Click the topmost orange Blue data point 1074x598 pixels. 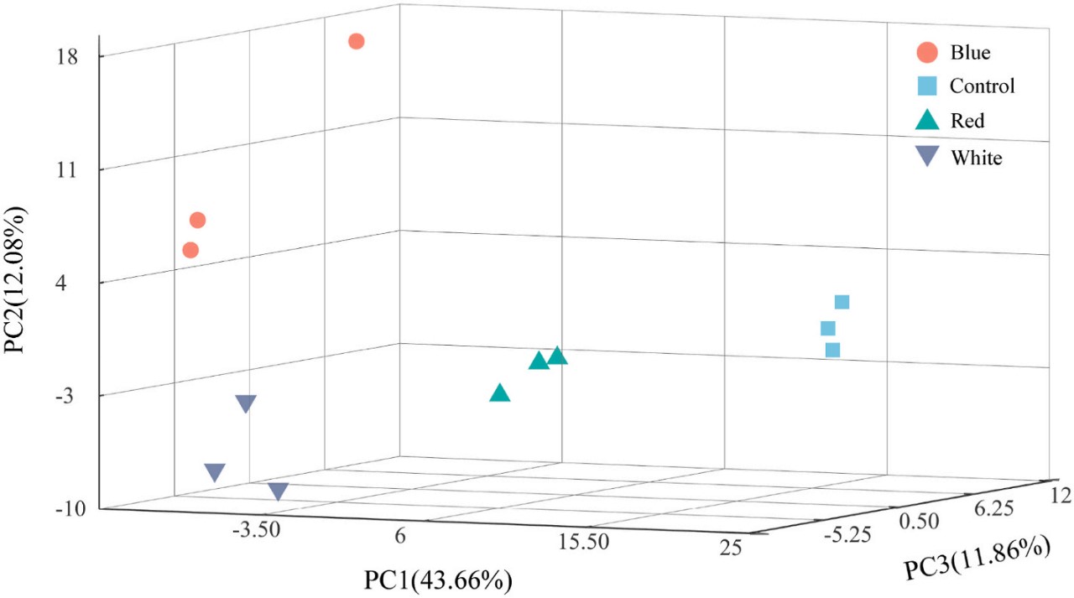[357, 41]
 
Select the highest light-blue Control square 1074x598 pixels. [842, 302]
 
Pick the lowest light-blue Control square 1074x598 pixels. [832, 350]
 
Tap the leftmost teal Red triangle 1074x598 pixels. [500, 393]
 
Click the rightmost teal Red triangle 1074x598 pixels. [557, 356]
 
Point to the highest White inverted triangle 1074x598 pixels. [245, 403]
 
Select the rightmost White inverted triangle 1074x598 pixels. [278, 491]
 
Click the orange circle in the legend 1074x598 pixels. [926, 52]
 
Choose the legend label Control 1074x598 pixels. [982, 86]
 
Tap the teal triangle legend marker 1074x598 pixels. [926, 120]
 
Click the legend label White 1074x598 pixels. [976, 157]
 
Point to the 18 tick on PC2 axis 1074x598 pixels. [67, 57]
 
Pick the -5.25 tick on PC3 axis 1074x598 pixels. [849, 534]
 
